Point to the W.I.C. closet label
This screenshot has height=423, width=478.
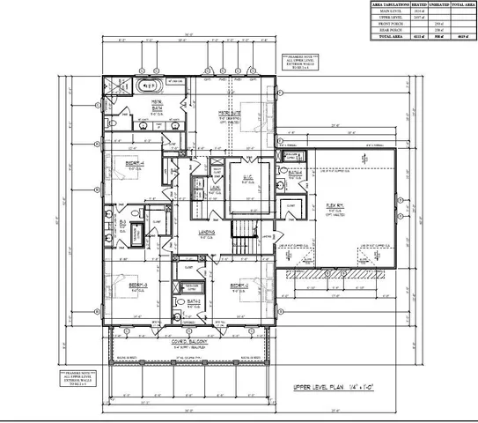pyautogui.click(x=247, y=176)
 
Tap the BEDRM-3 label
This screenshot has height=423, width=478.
pyautogui.click(x=134, y=286)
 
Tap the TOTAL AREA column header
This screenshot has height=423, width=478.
pyautogui.click(x=458, y=5)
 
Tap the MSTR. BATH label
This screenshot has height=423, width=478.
pyautogui.click(x=157, y=103)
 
